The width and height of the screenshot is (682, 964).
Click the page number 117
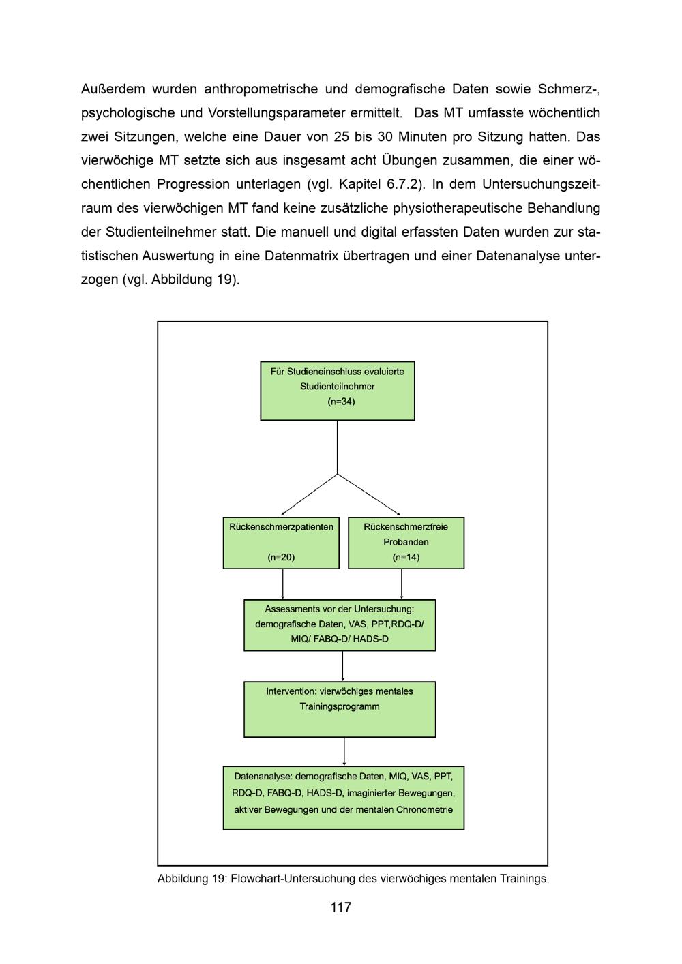point(340,907)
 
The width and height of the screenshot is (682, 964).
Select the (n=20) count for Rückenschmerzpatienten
point(281,557)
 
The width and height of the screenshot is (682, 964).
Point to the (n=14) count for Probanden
point(406,557)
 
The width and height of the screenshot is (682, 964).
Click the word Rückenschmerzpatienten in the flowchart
point(281,527)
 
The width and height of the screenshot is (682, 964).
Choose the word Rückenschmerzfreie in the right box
point(406,527)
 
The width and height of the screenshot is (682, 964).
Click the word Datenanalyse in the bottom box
point(262,777)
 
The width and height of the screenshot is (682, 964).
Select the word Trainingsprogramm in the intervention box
point(340,706)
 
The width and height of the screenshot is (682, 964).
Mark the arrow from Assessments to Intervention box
point(342,666)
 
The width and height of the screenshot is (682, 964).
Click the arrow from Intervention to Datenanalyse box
point(344,751)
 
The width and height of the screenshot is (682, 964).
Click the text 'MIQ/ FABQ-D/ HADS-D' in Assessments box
point(340,639)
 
